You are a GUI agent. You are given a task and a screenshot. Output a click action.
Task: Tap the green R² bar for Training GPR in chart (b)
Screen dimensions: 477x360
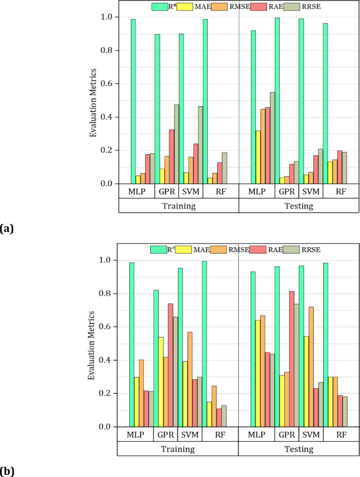pyautogui.click(x=156, y=358)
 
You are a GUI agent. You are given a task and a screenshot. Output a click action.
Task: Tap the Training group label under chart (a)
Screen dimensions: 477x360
pyautogui.click(x=179, y=206)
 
